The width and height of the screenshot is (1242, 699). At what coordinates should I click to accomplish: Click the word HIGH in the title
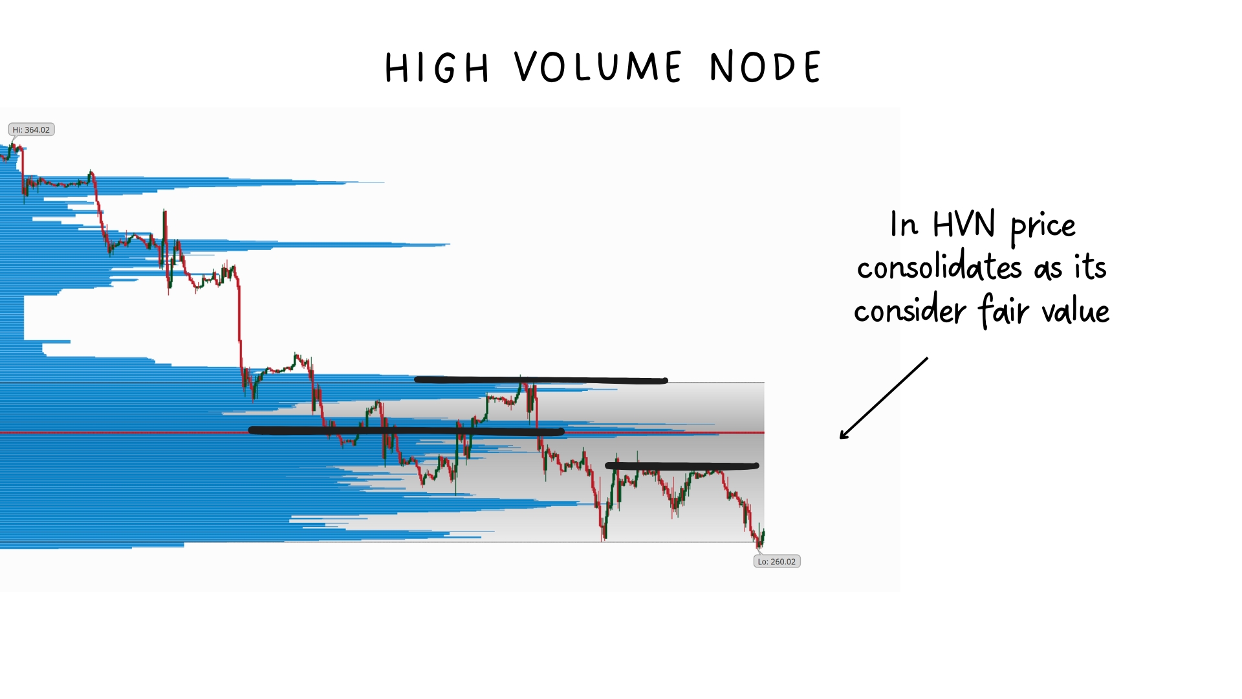(x=437, y=67)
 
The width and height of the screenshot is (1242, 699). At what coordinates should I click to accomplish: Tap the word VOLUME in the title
(x=598, y=67)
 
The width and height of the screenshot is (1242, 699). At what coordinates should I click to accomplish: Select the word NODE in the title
(x=766, y=67)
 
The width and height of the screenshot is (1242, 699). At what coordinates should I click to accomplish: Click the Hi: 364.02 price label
(x=31, y=129)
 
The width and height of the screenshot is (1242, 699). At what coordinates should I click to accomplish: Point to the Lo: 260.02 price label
(x=777, y=561)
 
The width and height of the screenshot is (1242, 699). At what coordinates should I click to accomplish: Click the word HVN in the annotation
(x=964, y=225)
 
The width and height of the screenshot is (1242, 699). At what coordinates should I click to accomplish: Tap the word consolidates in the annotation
(x=939, y=266)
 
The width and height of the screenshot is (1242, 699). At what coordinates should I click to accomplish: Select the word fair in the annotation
(x=1003, y=310)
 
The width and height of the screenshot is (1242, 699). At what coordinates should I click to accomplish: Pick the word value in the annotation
(x=1076, y=310)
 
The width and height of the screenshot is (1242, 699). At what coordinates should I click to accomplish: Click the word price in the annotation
(x=1043, y=227)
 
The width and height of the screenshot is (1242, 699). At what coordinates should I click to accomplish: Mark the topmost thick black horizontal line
(x=541, y=380)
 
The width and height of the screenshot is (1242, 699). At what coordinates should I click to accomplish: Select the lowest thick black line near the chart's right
(x=682, y=465)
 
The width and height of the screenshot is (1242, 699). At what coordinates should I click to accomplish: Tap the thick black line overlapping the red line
(x=406, y=430)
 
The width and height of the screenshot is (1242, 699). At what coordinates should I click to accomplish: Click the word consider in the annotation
(x=910, y=310)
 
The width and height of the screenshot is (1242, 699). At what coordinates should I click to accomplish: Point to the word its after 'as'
(x=1091, y=267)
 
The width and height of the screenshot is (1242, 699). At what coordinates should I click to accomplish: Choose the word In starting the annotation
(x=904, y=225)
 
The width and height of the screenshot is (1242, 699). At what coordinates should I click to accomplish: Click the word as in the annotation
(x=1048, y=269)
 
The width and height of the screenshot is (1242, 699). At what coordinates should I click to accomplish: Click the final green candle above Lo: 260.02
(x=763, y=537)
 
